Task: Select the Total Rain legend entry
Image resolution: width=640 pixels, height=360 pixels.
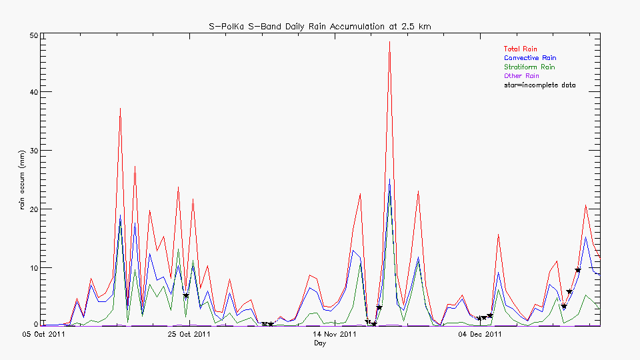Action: [520, 49]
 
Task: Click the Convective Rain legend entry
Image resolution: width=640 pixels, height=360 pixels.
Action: [529, 58]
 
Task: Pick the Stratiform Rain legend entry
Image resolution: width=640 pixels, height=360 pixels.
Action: [529, 67]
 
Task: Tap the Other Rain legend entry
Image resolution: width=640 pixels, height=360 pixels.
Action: [521, 76]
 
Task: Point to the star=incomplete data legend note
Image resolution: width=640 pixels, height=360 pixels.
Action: [539, 85]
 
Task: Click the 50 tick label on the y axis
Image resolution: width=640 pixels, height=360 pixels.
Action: [31, 35]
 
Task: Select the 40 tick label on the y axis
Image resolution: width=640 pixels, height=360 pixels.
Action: [31, 92]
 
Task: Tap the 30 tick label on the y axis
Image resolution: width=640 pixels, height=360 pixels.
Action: [31, 151]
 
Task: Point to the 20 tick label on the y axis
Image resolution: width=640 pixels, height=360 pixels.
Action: [31, 209]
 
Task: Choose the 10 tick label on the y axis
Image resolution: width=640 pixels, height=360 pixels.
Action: [31, 268]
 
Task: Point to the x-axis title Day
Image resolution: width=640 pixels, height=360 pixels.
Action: [320, 343]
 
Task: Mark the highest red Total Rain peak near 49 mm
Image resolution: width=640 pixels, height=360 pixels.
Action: [389, 41]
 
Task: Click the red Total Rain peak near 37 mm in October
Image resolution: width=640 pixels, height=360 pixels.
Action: [120, 108]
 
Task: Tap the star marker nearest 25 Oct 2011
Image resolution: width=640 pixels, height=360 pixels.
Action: [186, 295]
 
